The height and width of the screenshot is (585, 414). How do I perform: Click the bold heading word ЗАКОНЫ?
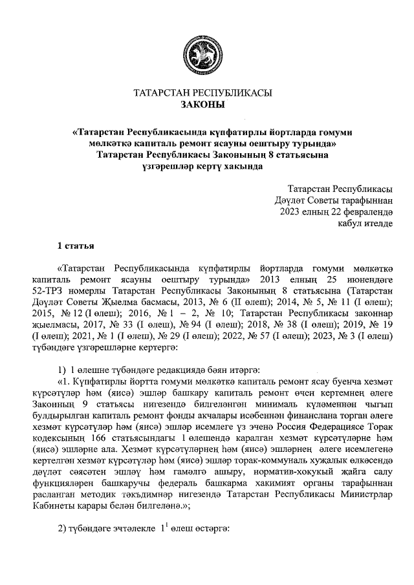(203, 104)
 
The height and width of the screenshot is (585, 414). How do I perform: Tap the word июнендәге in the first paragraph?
(369, 279)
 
